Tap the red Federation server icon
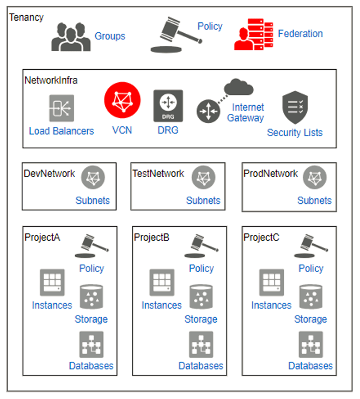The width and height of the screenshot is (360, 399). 253,34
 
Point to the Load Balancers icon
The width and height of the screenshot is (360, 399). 62,108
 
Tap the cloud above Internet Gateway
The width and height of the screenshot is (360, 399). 239,88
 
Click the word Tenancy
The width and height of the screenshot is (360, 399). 26,17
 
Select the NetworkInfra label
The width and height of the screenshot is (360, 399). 51,80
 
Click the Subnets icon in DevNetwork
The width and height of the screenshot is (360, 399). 93,178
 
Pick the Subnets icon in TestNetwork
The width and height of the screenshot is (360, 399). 203,178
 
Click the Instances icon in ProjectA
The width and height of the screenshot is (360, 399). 52,282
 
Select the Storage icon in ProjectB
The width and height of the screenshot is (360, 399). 201,297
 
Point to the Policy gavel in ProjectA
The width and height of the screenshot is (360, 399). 89,246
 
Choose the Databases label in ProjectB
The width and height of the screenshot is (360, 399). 201,366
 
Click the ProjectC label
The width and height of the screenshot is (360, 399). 261,237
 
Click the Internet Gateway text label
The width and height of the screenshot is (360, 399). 246,113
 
